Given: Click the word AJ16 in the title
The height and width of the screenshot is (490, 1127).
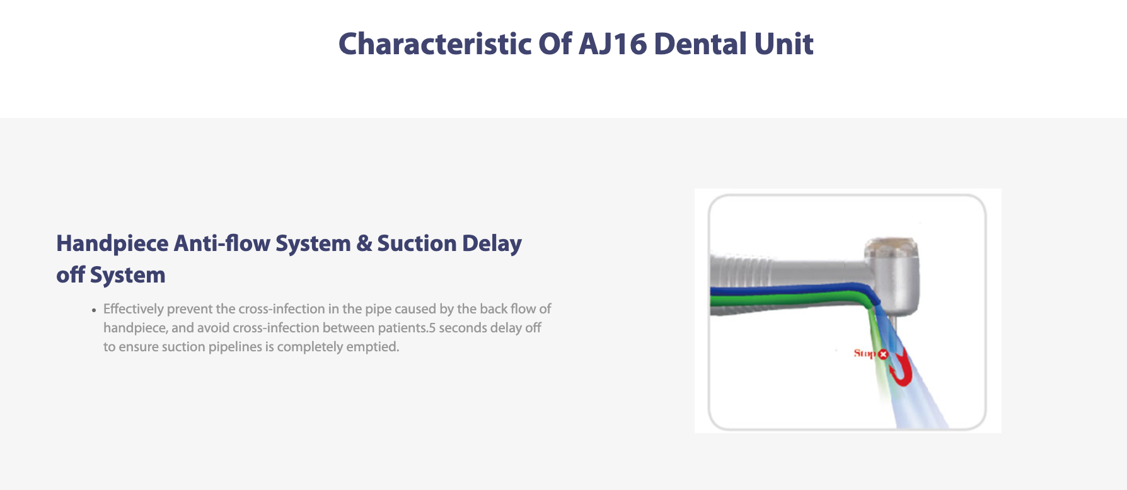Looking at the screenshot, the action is pos(613,44).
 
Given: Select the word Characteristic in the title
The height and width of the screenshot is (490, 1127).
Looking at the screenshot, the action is pos(435,44).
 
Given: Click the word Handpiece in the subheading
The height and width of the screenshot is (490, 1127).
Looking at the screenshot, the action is pos(112,244).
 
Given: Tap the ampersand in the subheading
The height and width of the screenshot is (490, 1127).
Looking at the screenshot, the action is pos(364,243).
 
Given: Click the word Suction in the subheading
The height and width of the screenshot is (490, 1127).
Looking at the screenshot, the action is pos(417,243).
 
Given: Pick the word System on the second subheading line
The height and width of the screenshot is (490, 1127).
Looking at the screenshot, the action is pos(127,276).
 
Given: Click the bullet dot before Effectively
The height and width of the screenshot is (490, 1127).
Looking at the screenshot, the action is pos(94,310).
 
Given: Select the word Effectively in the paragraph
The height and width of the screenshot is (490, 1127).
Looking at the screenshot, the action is pos(133,309).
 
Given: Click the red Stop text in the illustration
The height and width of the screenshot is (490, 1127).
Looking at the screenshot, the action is pos(865,353).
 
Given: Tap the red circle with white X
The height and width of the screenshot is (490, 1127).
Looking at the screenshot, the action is pos(883,354).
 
